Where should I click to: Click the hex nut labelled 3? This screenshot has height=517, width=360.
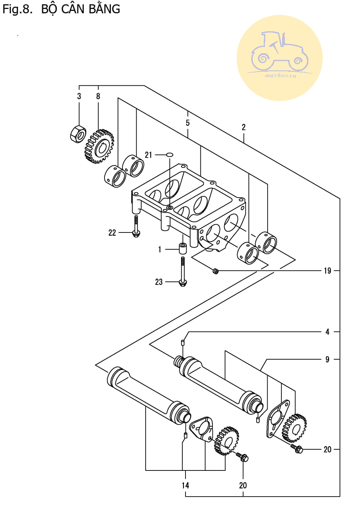click(x=78, y=134)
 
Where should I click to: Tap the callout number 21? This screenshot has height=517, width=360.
click(x=148, y=155)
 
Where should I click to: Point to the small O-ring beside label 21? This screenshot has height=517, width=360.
click(x=169, y=155)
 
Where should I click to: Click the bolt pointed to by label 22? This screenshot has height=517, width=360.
click(x=136, y=227)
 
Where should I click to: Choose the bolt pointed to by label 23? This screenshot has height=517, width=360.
click(x=183, y=272)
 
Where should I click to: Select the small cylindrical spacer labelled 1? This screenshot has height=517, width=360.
click(x=183, y=248)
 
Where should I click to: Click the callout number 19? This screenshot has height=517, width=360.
click(x=327, y=270)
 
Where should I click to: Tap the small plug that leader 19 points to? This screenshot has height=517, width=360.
click(x=216, y=271)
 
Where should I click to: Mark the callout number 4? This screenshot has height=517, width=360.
click(x=327, y=332)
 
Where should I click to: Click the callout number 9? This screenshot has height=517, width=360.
click(x=327, y=359)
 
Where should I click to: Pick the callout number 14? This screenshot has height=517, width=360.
click(x=185, y=486)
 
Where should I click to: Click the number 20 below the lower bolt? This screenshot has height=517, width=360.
click(x=243, y=486)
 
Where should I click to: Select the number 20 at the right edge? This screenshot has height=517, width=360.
click(x=327, y=449)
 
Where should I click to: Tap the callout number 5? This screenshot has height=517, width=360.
click(x=187, y=123)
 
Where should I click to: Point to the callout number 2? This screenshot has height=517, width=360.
click(x=244, y=127)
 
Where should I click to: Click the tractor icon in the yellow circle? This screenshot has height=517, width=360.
click(x=280, y=51)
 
